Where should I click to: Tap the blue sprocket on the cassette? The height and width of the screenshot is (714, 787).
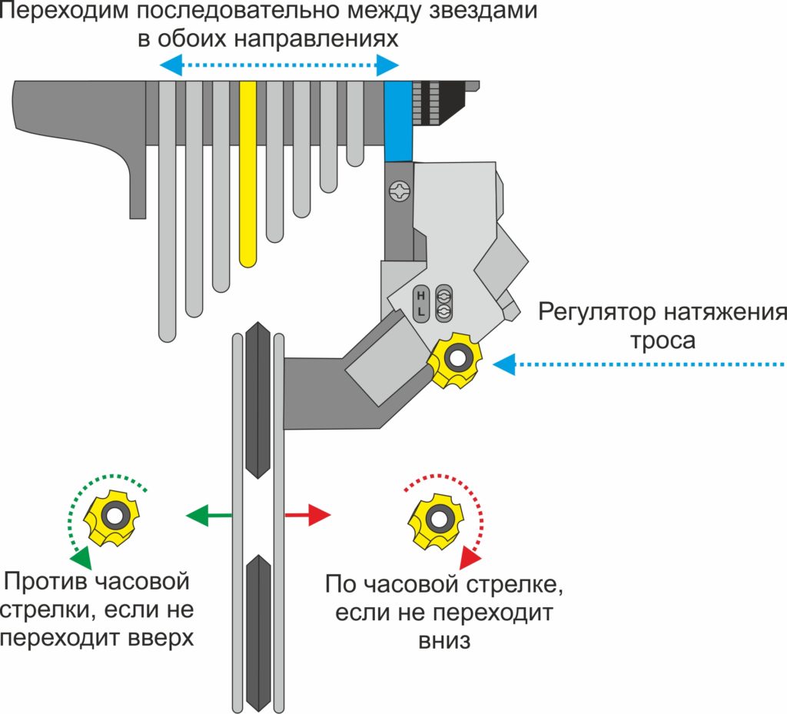tap(398, 120)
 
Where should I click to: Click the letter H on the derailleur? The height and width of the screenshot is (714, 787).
tap(421, 294)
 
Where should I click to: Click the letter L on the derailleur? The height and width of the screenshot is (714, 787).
tap(421, 311)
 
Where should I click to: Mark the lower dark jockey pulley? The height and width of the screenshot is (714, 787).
tap(257, 630)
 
